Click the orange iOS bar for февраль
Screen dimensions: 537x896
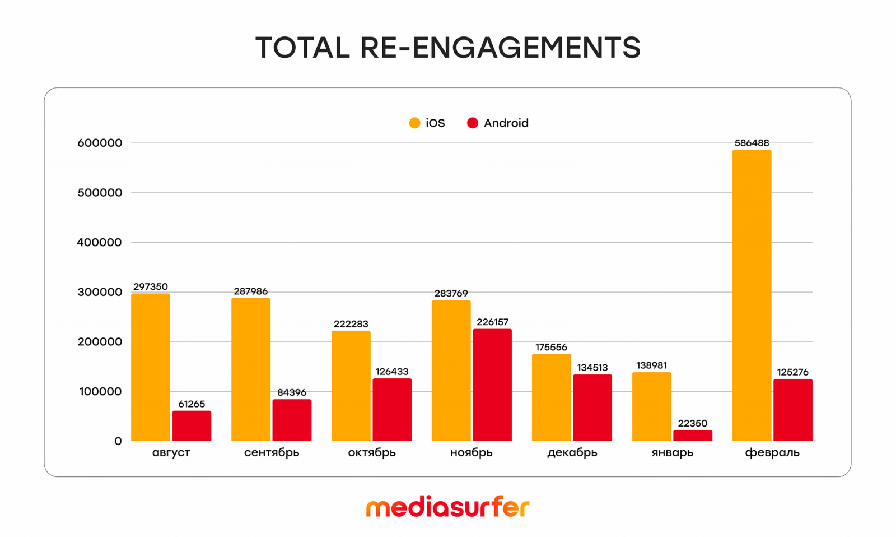click(x=752, y=295)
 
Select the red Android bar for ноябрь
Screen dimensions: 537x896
click(x=492, y=385)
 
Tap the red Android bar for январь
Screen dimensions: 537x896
click(x=693, y=436)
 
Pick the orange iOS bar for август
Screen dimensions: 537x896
click(x=151, y=367)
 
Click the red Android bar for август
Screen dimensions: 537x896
click(x=192, y=426)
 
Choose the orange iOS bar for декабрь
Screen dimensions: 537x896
click(x=551, y=397)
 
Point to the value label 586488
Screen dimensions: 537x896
click(x=752, y=143)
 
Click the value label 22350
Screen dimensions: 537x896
click(x=693, y=423)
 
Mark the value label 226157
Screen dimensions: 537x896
click(x=492, y=322)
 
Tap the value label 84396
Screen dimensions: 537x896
click(x=292, y=392)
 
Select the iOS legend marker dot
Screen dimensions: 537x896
click(x=414, y=123)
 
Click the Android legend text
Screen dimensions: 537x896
click(x=506, y=123)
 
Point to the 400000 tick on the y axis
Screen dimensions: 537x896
click(x=99, y=242)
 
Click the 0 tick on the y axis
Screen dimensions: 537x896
click(x=118, y=441)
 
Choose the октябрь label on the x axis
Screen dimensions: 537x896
click(x=372, y=452)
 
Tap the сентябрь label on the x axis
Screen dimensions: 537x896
click(x=272, y=452)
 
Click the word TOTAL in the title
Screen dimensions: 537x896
click(x=302, y=48)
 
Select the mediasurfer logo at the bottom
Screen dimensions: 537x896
click(x=447, y=507)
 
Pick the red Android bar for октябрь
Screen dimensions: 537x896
click(x=392, y=410)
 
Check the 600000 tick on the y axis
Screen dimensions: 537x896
click(x=99, y=143)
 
